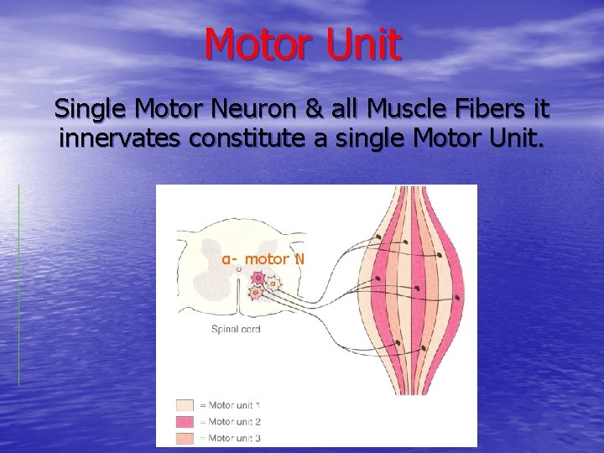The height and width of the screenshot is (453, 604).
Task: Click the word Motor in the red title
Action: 257,44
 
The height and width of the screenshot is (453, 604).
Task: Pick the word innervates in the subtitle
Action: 119,138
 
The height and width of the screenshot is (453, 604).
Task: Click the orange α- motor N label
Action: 263,258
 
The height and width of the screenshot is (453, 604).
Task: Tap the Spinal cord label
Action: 236,329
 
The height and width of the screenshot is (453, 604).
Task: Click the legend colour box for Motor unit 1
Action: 185,406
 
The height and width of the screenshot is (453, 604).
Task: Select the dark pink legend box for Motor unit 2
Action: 185,422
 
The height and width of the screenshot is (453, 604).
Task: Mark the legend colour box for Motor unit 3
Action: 185,438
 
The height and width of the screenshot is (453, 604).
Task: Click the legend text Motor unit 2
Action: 234,422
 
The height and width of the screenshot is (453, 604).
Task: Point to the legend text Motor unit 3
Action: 234,438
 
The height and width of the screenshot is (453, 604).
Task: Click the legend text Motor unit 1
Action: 234,406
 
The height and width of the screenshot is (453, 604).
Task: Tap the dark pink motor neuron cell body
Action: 259,278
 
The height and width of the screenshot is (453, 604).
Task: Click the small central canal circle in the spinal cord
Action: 239,269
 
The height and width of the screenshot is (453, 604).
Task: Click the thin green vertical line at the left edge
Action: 18,285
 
